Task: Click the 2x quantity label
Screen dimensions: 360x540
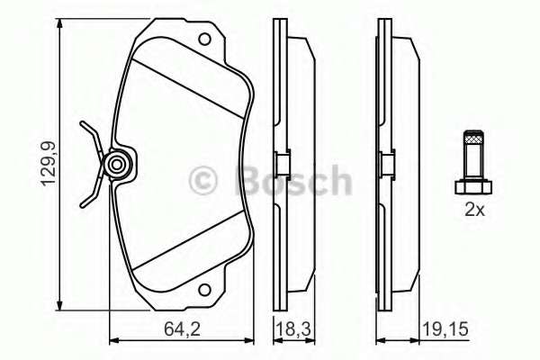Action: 474,211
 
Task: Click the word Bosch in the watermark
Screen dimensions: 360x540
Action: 291,180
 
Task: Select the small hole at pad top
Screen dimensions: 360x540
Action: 206,39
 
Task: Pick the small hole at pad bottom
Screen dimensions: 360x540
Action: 206,292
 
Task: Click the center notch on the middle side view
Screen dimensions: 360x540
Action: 279,165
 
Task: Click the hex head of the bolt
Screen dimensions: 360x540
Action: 472,186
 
